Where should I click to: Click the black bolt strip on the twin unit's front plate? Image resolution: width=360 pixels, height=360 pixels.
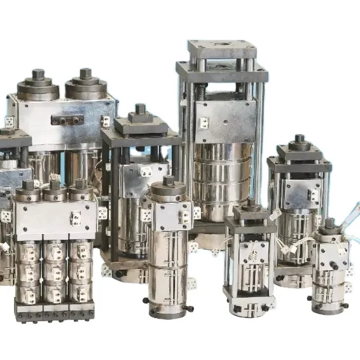coord(68,119)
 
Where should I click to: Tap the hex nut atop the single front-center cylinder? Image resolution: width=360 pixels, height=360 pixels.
coord(168,181)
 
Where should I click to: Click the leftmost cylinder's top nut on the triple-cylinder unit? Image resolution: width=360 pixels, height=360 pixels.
coord(28,186)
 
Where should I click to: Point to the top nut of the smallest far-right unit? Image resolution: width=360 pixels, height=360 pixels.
coord(329,224)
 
